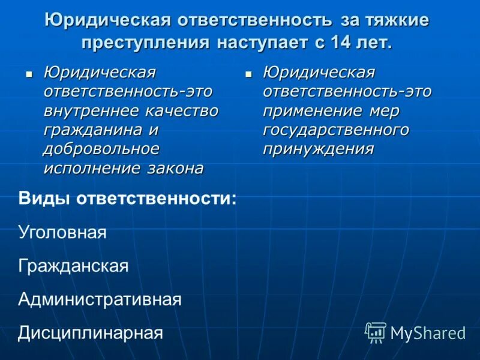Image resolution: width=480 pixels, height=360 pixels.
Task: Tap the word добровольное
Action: click(101, 149)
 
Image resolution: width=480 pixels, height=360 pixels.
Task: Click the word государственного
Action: click(336, 130)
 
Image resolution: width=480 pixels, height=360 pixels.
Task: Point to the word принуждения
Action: click(318, 149)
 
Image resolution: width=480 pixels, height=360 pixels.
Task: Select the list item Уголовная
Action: click(62, 233)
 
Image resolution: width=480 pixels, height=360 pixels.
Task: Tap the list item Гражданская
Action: click(73, 266)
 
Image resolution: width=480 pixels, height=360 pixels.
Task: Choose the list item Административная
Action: click(100, 299)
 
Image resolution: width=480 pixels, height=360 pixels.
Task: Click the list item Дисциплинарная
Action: click(91, 332)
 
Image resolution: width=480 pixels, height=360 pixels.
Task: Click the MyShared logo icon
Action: click(376, 332)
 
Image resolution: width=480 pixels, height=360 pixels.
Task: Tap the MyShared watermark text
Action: click(428, 333)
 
